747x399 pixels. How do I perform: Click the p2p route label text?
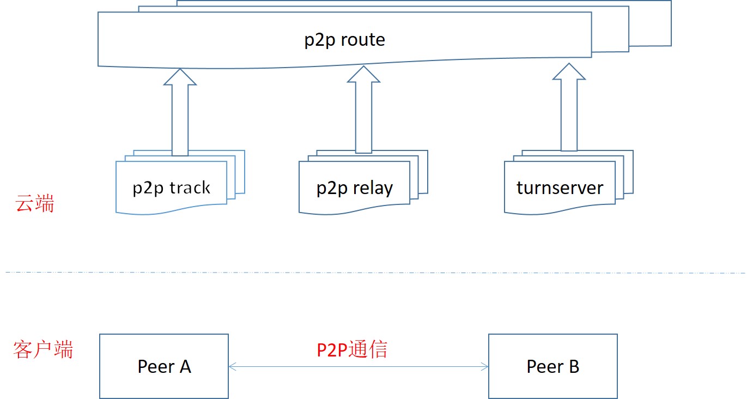344,40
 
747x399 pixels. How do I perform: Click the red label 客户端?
43,349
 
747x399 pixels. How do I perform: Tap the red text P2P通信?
352,349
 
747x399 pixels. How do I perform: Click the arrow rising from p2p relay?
363,109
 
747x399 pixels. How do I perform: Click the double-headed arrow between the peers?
358,367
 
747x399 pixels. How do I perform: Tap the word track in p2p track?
189,188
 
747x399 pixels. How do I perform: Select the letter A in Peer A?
185,366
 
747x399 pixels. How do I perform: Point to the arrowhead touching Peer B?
484,367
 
